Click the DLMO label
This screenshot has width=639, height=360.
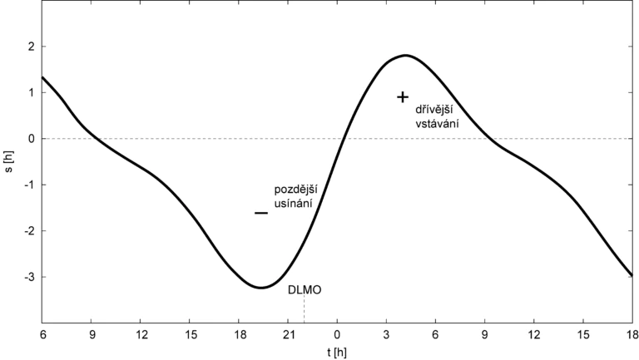pos(305,291)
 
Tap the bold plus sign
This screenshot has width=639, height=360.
pos(403,97)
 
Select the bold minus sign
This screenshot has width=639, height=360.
pos(261,213)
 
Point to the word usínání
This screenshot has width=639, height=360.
pos(292,205)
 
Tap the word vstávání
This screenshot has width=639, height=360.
pos(437,124)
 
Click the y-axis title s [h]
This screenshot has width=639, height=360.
pos(9,160)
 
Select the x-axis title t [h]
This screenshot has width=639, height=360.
pos(336,353)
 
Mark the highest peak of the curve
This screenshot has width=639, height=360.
pos(405,56)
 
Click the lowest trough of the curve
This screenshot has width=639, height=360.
pos(260,288)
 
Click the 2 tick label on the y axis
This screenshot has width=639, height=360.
pos(31,47)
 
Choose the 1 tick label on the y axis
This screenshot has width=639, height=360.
pos(31,92)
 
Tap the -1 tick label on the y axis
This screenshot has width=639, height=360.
pos(29,185)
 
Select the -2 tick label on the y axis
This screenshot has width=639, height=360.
pos(29,230)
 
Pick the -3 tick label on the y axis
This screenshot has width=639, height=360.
pos(29,277)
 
